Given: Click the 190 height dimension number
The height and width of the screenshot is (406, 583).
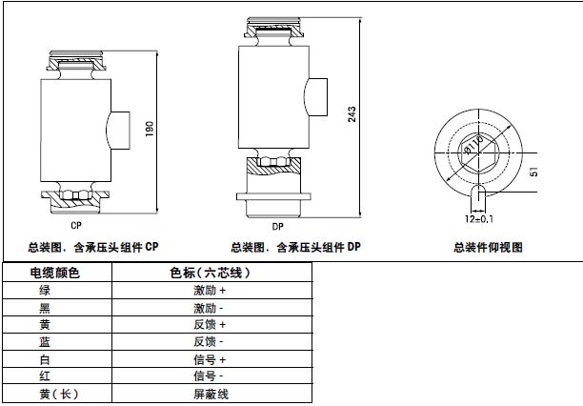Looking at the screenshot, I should click(x=150, y=130).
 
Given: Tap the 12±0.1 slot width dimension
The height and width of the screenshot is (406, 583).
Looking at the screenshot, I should click(x=480, y=219).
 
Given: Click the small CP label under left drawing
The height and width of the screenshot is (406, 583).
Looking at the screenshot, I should click(x=75, y=227).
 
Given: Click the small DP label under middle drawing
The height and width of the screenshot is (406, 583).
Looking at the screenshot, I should click(x=277, y=227).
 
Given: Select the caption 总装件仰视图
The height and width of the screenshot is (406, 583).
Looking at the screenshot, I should click(x=489, y=247).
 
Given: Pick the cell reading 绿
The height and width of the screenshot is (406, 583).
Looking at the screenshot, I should click(x=45, y=290).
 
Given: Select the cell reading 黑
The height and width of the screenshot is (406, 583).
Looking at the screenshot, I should click(x=45, y=308).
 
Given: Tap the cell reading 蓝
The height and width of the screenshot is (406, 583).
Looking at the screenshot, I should click(x=45, y=342).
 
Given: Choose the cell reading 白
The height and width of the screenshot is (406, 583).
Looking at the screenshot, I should click(x=45, y=359).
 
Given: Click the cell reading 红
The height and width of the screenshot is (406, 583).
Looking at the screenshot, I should click(x=45, y=376).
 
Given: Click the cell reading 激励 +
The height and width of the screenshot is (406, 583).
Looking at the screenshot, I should click(x=210, y=290).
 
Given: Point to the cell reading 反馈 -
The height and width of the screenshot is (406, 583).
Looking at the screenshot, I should click(x=210, y=342).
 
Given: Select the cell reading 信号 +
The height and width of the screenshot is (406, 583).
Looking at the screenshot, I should click(x=210, y=359).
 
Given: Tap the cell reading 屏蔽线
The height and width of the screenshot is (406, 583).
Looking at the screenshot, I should click(x=210, y=394).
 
